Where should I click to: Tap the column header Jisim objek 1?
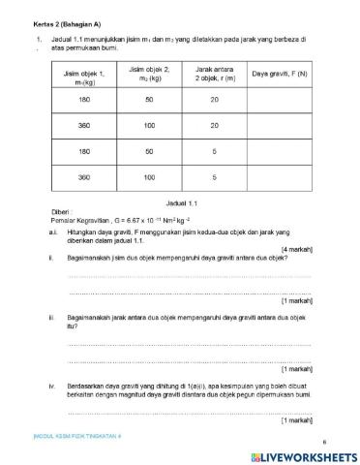tap(83, 76)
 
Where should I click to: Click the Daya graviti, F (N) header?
tap(279, 74)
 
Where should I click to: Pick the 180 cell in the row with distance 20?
tap(83, 99)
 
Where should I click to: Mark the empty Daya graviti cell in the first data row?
tap(279, 99)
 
